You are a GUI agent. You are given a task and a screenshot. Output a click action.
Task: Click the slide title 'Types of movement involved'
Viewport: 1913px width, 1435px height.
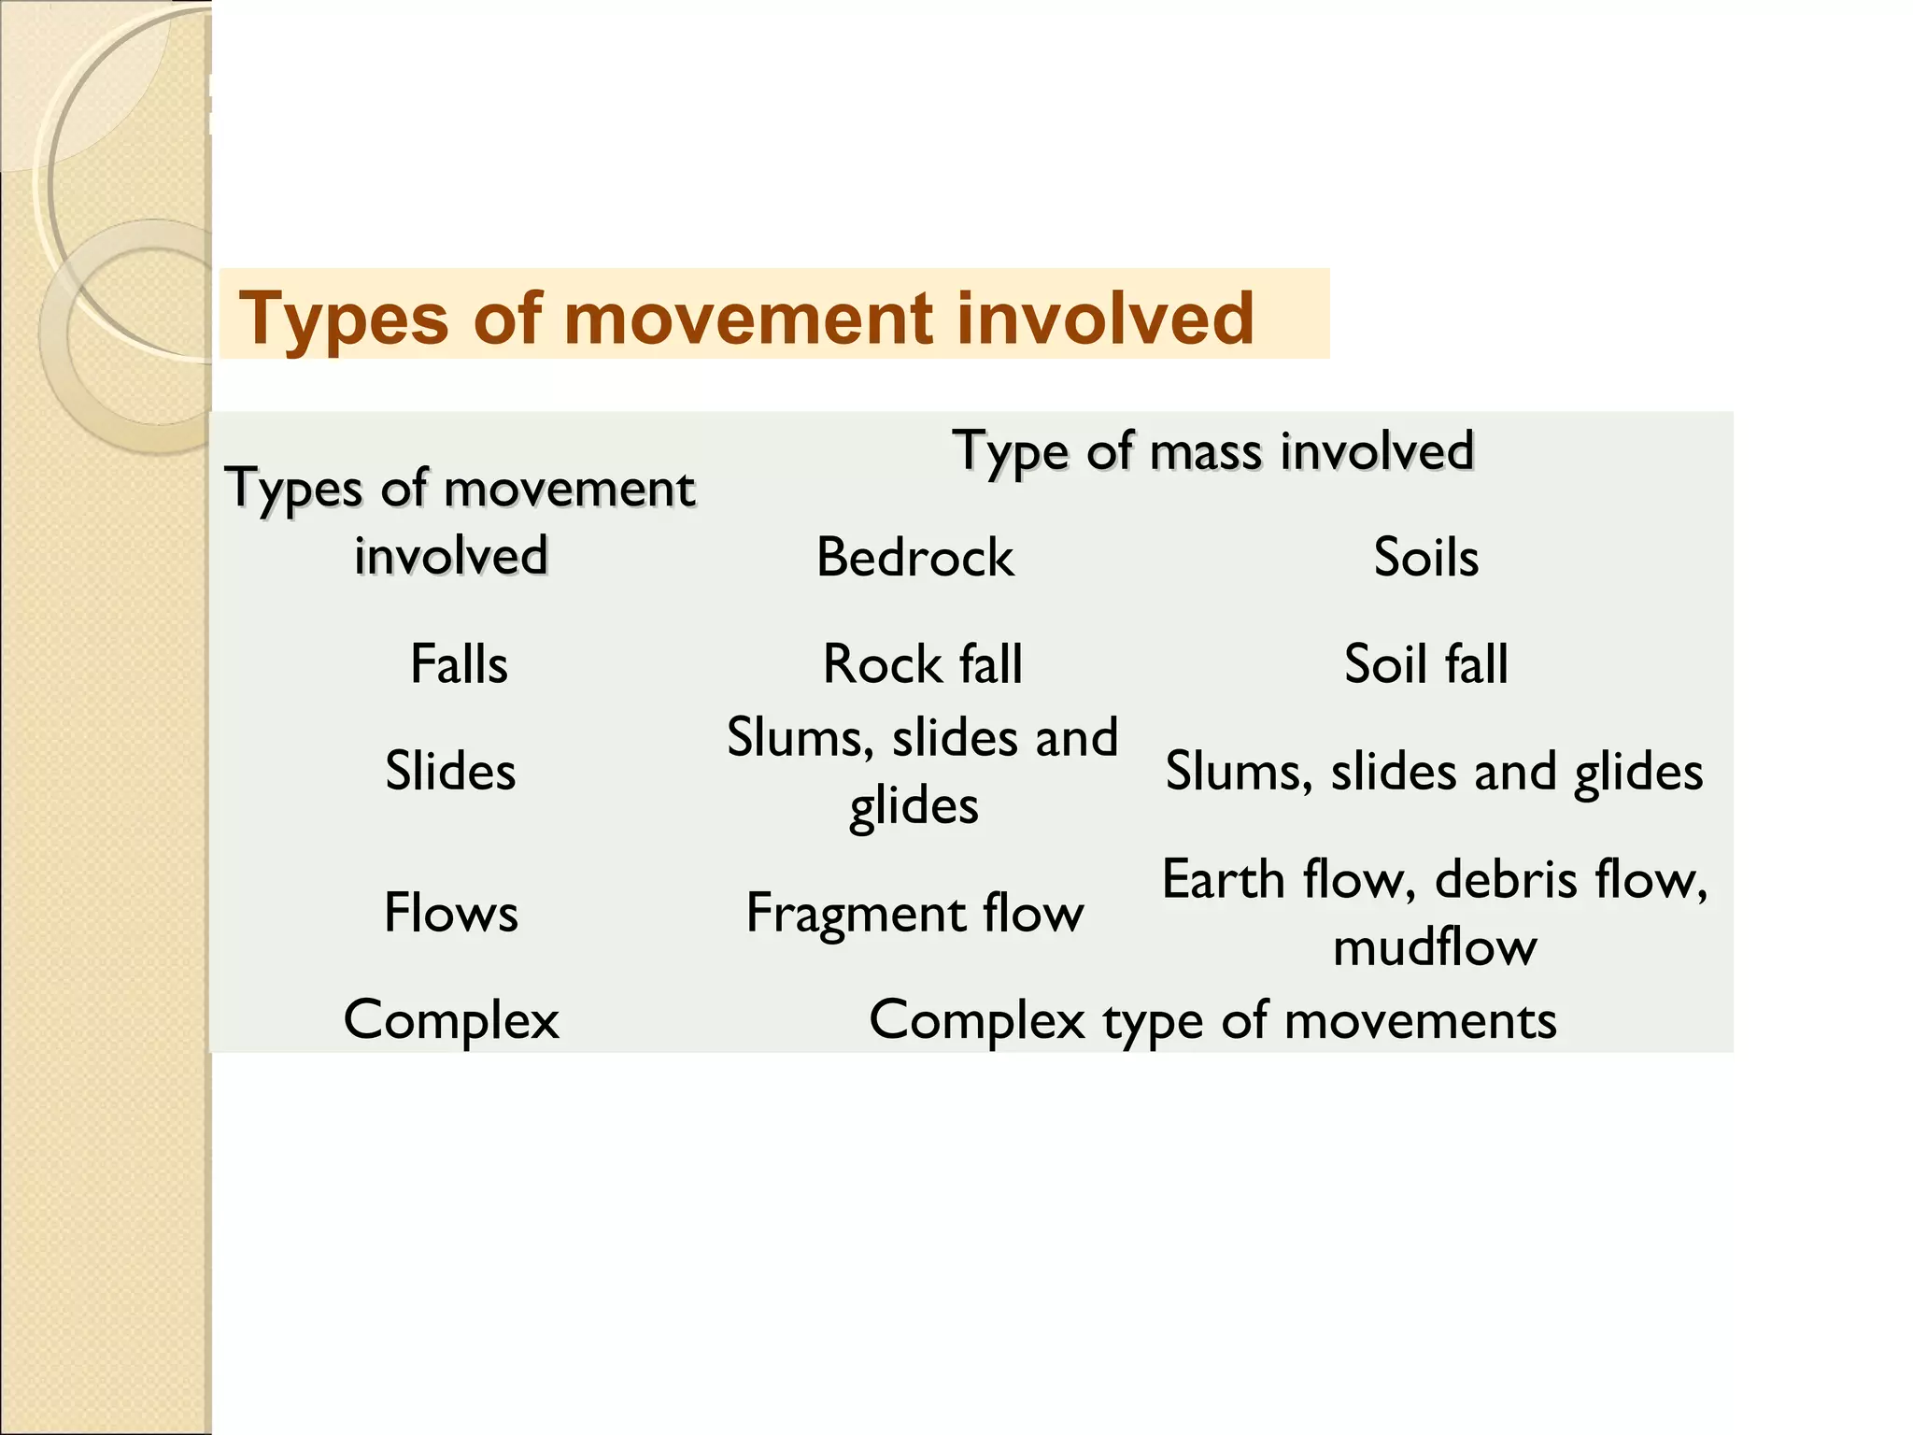pos(745,319)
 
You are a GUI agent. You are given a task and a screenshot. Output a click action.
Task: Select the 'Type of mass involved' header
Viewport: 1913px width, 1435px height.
pos(1212,452)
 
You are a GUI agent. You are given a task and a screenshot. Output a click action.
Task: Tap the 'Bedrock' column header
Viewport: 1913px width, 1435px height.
pos(914,558)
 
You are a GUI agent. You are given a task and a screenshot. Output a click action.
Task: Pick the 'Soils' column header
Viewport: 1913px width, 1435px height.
pos(1425,558)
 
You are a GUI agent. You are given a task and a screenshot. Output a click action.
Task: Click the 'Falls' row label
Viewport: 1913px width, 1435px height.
pos(459,664)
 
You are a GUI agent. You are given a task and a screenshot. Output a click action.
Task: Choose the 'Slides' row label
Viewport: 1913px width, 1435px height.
pos(450,772)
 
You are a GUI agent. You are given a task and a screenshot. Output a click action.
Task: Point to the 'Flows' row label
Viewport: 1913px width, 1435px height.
pos(450,913)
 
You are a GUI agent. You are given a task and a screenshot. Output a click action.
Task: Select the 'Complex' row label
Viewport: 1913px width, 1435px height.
pos(451,1019)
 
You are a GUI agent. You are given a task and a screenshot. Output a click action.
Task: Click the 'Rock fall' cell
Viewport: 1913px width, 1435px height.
pos(922,664)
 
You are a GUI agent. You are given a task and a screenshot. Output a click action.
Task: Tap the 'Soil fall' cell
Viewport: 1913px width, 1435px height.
pos(1425,664)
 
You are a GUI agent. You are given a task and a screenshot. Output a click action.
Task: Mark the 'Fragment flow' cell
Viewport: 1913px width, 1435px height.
pos(914,913)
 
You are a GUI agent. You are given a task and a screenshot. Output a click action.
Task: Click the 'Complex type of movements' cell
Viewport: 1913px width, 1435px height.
pos(1212,1019)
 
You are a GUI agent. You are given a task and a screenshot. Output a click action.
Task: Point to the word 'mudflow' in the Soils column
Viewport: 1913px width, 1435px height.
pos(1434,947)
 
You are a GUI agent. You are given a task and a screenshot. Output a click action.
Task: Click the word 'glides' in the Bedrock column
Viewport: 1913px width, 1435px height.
pos(914,805)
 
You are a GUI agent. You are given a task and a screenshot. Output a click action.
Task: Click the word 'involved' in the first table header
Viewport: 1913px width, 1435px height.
pos(450,557)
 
